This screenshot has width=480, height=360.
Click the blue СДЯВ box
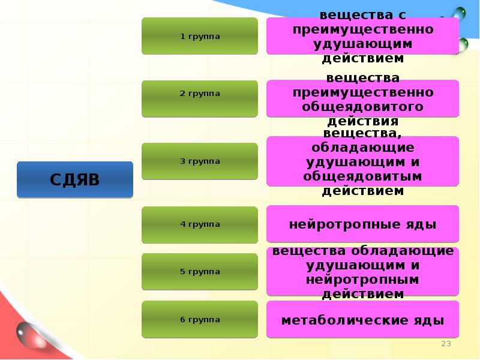[75, 179]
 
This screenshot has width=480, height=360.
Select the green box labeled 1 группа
[200, 37]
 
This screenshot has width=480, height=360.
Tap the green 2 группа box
[200, 94]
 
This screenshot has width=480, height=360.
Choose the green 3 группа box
[200, 161]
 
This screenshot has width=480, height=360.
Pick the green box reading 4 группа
[200, 224]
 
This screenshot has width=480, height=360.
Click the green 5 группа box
[200, 271]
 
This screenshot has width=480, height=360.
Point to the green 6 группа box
[200, 319]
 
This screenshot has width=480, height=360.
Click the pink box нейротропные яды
[362, 225]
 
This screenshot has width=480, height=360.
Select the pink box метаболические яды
[362, 320]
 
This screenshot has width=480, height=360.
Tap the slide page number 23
[446, 343]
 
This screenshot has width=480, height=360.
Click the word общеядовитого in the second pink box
[362, 107]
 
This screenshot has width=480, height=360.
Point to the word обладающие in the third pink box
[362, 148]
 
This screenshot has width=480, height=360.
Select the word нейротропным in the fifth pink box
[362, 280]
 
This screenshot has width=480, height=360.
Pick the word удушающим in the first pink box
[362, 44]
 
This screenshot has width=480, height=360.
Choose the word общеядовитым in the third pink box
[362, 176]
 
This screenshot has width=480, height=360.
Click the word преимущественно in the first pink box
[362, 29]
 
